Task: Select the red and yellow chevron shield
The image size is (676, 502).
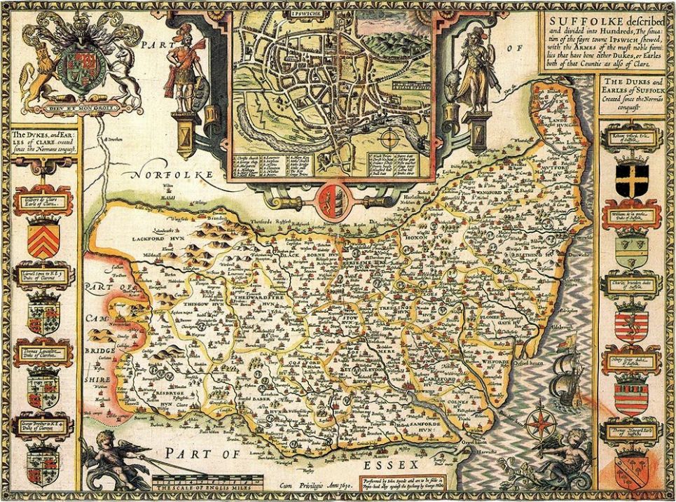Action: point(43,238)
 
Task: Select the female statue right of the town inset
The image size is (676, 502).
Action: point(477,70)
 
